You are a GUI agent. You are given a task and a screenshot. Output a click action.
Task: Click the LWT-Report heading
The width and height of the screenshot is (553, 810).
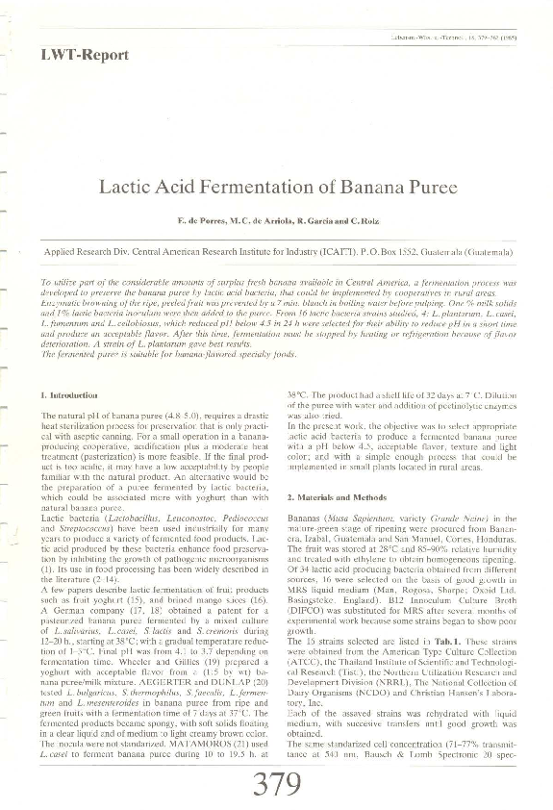pos(85,55)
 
